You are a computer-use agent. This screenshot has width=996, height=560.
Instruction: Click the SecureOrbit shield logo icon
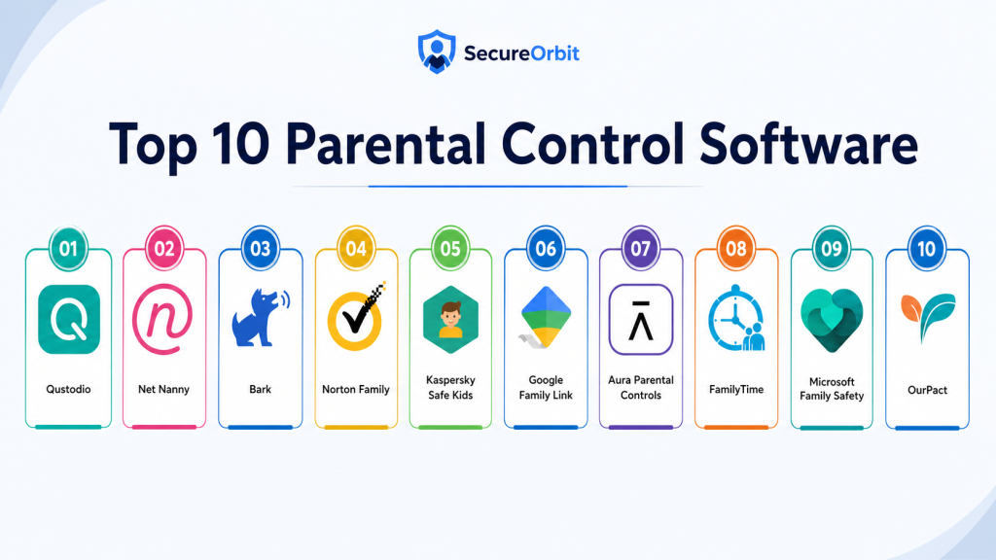click(x=437, y=52)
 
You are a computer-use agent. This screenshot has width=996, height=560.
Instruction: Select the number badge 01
click(x=69, y=248)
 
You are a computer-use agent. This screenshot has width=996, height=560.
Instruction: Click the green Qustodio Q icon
click(x=69, y=319)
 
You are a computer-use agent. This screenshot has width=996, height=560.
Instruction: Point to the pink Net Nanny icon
click(x=162, y=319)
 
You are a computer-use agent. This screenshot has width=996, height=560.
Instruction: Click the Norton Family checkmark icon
click(x=357, y=317)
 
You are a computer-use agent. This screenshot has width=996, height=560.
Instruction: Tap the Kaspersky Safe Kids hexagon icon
click(x=450, y=319)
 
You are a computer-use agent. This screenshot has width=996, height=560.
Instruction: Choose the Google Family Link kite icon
click(x=545, y=318)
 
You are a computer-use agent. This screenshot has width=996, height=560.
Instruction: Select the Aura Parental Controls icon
click(x=640, y=319)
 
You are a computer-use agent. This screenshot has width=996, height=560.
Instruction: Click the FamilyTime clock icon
click(x=736, y=318)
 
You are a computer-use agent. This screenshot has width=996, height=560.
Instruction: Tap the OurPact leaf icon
click(x=927, y=316)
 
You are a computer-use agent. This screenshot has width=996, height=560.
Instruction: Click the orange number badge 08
click(x=736, y=248)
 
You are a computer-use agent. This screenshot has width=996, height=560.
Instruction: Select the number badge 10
click(x=927, y=248)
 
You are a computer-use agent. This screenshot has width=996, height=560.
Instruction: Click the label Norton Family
click(x=356, y=389)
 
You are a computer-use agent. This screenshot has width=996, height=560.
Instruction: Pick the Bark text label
click(x=261, y=389)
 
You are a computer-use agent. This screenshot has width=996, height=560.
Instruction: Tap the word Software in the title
click(x=808, y=144)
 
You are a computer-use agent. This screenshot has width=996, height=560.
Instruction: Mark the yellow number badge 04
click(x=356, y=248)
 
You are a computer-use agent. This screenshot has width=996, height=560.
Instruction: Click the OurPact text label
click(x=927, y=390)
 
